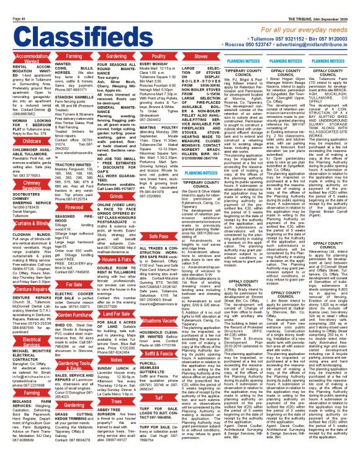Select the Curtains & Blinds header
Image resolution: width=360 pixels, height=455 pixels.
pos(24,223)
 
